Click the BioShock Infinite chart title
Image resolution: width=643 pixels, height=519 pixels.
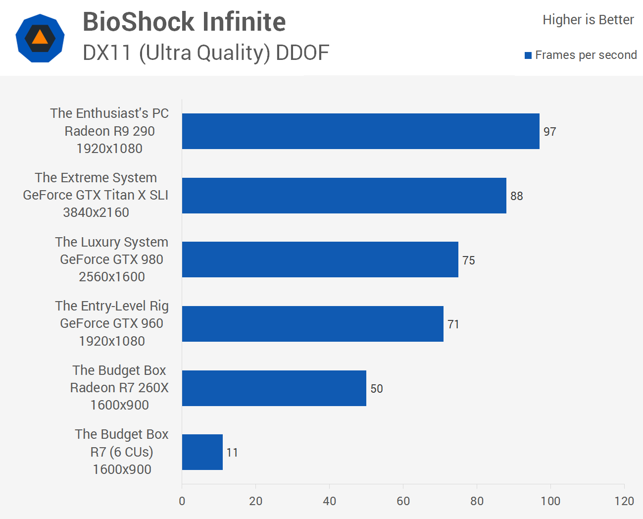pyautogui.click(x=184, y=22)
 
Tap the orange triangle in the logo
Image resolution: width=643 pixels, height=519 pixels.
pyautogui.click(x=40, y=38)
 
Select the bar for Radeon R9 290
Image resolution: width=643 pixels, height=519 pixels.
pyautogui.click(x=360, y=131)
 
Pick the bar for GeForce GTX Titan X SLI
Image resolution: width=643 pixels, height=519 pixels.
pyautogui.click(x=344, y=196)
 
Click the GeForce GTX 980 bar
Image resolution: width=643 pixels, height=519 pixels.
pyautogui.click(x=320, y=259)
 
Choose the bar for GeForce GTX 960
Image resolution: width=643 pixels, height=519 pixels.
pyautogui.click(x=312, y=324)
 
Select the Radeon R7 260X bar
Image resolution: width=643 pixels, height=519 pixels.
pyautogui.click(x=274, y=388)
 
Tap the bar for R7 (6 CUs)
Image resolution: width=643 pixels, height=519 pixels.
pyautogui.click(x=202, y=452)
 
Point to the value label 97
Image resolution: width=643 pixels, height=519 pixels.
pyautogui.click(x=549, y=132)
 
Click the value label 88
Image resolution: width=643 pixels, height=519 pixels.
pyautogui.click(x=516, y=196)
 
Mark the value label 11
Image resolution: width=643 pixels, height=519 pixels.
pyautogui.click(x=232, y=453)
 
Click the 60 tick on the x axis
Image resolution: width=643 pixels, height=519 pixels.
pyautogui.click(x=403, y=501)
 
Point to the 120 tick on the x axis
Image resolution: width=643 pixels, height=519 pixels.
pyautogui.click(x=624, y=501)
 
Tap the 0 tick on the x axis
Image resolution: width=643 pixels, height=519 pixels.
pyautogui.click(x=182, y=501)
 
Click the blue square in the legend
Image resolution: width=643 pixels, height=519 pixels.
pyautogui.click(x=528, y=55)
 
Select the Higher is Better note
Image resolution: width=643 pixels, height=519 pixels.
pyautogui.click(x=588, y=20)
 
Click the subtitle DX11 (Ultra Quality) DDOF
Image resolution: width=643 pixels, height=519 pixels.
pyautogui.click(x=205, y=53)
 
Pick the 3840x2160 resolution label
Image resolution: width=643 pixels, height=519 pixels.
pyautogui.click(x=96, y=212)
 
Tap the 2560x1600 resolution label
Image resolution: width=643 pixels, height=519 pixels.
pyautogui.click(x=112, y=277)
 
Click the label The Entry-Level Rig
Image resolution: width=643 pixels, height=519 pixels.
pyautogui.click(x=112, y=306)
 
